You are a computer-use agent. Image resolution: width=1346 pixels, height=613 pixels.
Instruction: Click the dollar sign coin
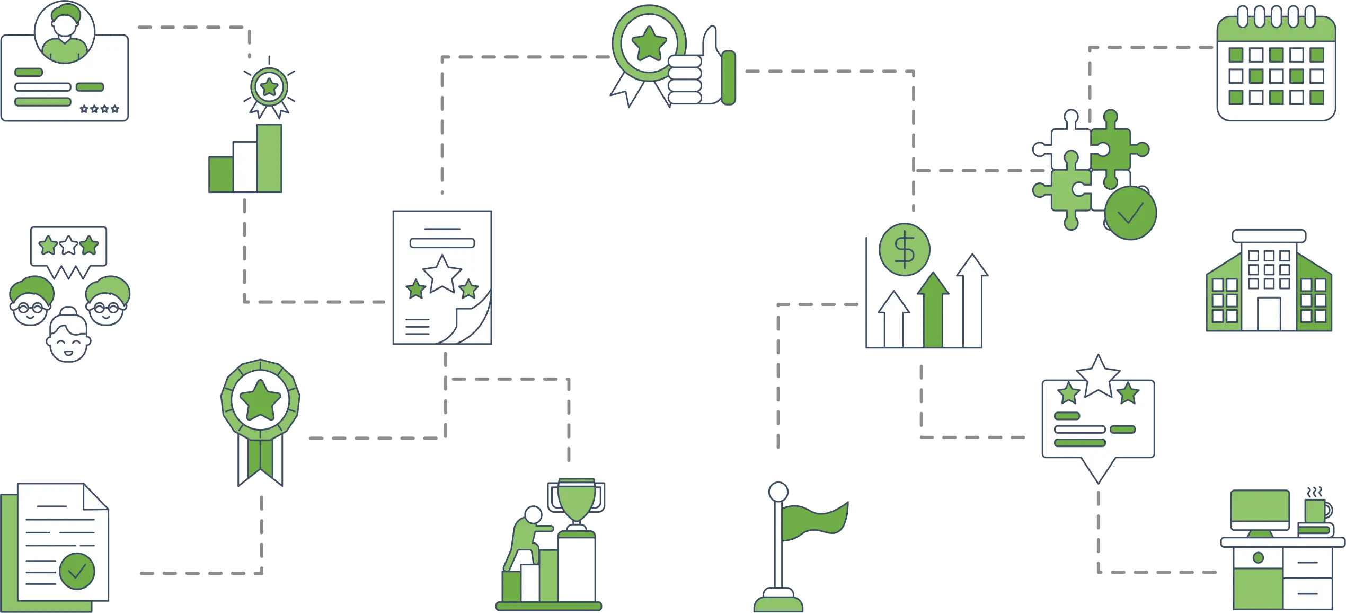(904, 249)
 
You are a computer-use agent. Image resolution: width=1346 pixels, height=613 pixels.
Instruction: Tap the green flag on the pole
(814, 520)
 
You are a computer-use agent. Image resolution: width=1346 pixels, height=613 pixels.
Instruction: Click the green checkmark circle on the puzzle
(1130, 214)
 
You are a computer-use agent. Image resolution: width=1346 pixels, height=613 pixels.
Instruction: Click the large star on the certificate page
(442, 274)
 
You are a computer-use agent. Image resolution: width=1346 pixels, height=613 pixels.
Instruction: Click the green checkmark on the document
(77, 571)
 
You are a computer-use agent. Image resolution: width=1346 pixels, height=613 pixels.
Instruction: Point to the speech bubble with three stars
(68, 248)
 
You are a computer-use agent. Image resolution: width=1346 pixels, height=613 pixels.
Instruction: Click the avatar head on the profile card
(65, 32)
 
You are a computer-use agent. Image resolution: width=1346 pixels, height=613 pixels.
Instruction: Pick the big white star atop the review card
(1098, 377)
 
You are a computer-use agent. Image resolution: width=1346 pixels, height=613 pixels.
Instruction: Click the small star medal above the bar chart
(269, 88)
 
